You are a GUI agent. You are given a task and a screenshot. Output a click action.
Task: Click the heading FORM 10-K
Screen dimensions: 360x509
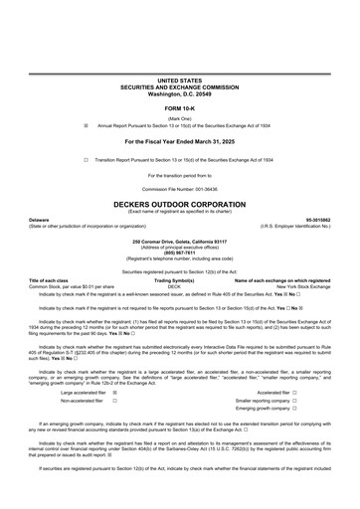click(179, 108)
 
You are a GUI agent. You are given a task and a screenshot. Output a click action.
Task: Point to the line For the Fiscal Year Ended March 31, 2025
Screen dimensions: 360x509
click(179, 142)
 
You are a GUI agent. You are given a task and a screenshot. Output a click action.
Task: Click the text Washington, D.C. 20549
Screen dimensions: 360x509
click(179, 90)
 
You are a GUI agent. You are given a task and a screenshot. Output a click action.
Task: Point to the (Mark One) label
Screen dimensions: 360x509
click(179, 118)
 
